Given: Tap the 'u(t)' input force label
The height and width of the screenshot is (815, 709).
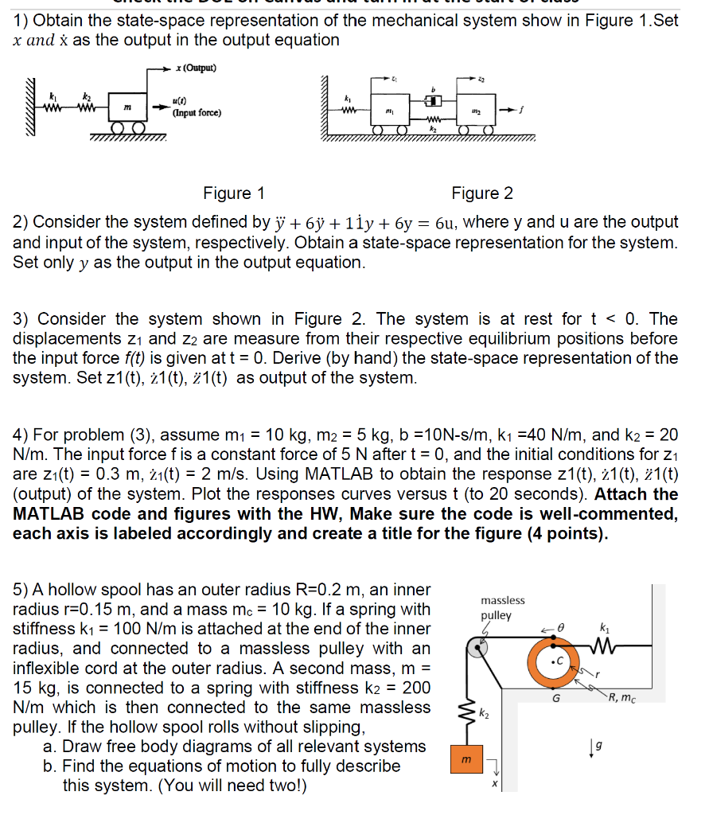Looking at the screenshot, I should pyautogui.click(x=181, y=101).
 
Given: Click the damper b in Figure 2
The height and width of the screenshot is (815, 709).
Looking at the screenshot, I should pyautogui.click(x=432, y=101).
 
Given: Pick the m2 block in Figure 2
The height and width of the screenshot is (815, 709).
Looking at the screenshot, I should pyautogui.click(x=474, y=109).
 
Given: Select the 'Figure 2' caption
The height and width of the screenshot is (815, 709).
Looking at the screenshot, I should pyautogui.click(x=482, y=193).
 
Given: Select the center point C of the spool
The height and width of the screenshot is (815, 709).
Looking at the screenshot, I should pyautogui.click(x=559, y=660).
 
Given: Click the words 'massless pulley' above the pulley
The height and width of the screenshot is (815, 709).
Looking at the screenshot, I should pyautogui.click(x=502, y=607).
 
